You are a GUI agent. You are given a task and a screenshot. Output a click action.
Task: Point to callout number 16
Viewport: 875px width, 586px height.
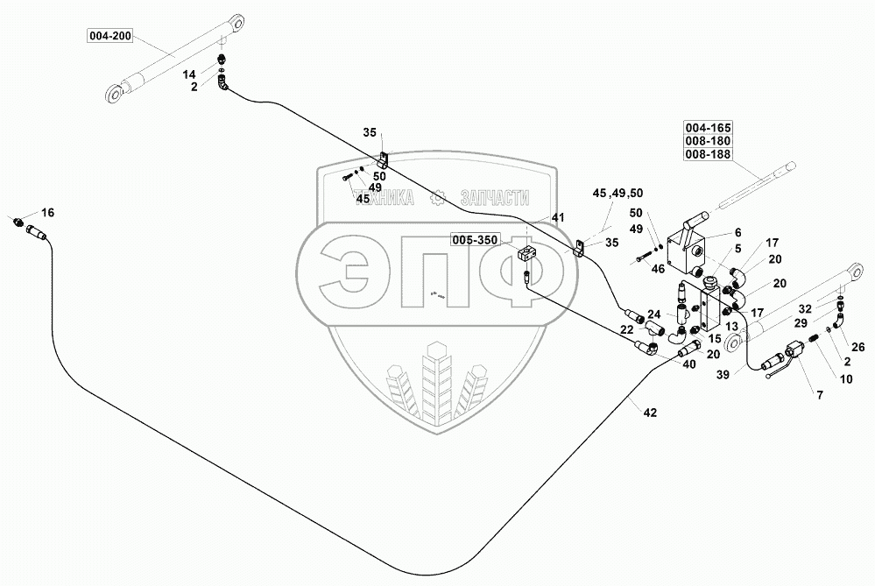pos(47,213)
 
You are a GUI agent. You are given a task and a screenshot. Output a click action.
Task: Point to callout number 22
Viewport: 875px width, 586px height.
pos(627,328)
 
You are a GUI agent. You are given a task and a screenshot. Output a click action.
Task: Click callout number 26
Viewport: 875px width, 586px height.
pos(857,345)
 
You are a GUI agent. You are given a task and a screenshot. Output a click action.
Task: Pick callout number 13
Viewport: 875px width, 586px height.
pos(732,327)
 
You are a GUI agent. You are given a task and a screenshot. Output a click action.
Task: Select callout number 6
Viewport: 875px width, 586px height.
pos(737,232)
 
